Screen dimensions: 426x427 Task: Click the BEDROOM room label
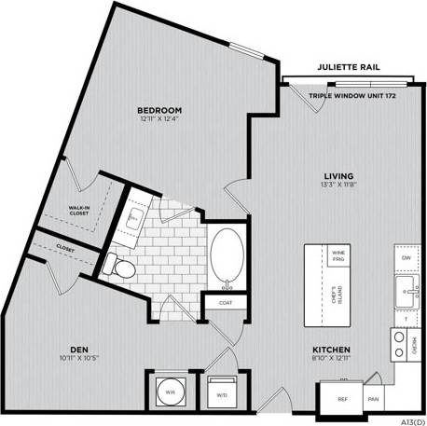pos(161,109)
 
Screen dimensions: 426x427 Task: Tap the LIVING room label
pos(337,174)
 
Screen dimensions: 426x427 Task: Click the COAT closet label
pos(226,303)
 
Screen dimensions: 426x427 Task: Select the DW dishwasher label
pos(406,257)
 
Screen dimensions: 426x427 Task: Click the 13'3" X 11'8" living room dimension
pos(337,185)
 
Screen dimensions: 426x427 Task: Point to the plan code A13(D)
pos(407,419)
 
